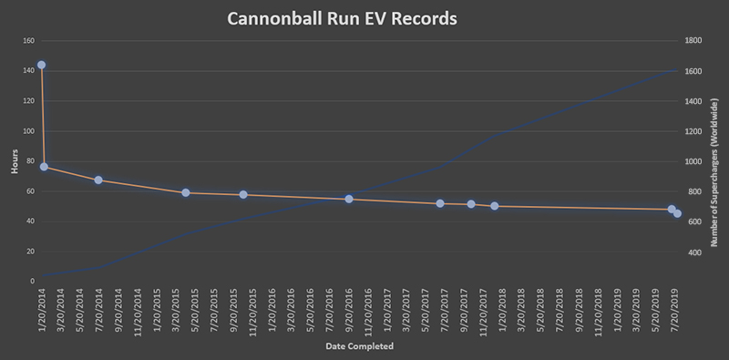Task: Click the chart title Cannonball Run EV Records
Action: [x=364, y=17]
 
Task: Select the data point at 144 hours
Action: [x=41, y=66]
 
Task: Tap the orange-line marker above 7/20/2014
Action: [x=98, y=180]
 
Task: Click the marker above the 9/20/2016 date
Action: [x=349, y=199]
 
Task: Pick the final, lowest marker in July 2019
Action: [x=678, y=214]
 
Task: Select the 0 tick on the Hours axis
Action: [x=31, y=282]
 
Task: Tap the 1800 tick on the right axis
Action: [x=693, y=41]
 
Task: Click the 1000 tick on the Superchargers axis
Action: [x=693, y=161]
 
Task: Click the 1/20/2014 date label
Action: [x=42, y=310]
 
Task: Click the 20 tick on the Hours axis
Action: [x=29, y=252]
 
